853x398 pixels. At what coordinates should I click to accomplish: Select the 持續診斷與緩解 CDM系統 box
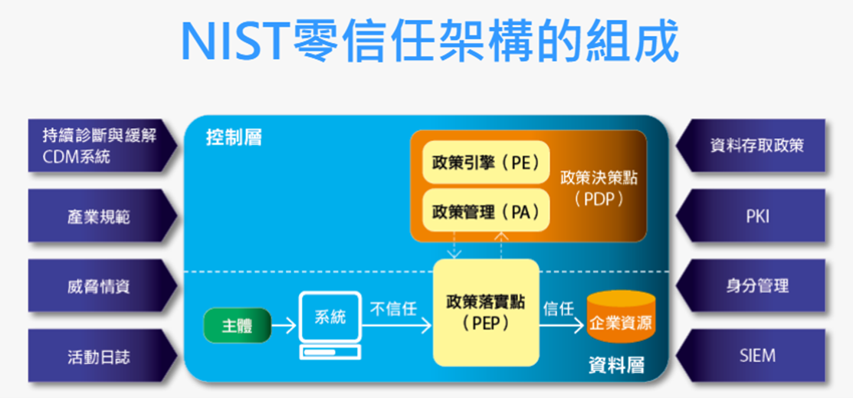click(x=100, y=146)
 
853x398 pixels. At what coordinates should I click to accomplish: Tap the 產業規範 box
click(x=100, y=216)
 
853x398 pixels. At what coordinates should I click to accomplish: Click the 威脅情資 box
click(x=100, y=286)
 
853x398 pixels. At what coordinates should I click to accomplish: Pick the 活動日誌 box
click(x=100, y=356)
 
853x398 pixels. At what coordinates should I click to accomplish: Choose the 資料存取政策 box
click(x=756, y=145)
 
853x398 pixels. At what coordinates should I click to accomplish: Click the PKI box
click(x=756, y=216)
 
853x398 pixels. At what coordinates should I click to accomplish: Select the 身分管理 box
click(x=756, y=286)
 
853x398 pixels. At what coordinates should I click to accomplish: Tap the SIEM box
click(x=756, y=356)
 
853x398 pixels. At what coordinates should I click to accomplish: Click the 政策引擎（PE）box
click(x=486, y=163)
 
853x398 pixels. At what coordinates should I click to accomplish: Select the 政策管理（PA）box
click(x=486, y=210)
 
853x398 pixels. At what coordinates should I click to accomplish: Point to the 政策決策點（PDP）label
click(x=599, y=188)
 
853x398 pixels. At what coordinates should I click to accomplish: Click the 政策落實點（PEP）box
click(x=486, y=313)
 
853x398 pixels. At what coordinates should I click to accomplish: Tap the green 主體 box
click(x=237, y=325)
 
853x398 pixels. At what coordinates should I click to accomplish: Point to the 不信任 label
click(x=393, y=308)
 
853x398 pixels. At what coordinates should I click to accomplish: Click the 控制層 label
click(x=234, y=138)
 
